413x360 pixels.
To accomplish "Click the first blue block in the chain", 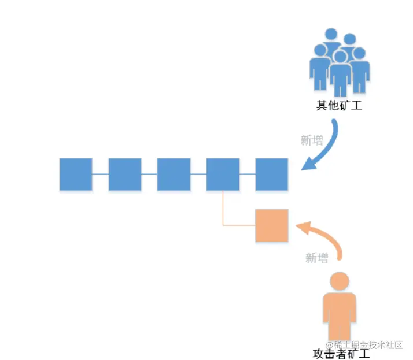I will (x=76, y=174).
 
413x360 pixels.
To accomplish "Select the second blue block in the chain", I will (x=125, y=174).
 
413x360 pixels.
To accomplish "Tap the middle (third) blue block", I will (x=174, y=174).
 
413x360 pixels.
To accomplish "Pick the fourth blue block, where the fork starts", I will (x=223, y=174).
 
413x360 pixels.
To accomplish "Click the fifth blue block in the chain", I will (x=272, y=174).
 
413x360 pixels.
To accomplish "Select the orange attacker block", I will (x=272, y=225).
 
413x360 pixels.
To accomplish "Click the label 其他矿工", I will (x=339, y=106).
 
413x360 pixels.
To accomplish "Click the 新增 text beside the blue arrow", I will (x=311, y=140).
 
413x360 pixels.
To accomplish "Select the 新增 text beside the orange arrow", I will (x=317, y=258).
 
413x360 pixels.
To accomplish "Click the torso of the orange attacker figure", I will (x=340, y=315).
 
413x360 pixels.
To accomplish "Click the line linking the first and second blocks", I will (x=100, y=174).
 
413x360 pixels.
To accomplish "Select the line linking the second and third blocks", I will (x=149, y=174).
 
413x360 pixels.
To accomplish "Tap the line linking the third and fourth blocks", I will (x=198, y=174).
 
